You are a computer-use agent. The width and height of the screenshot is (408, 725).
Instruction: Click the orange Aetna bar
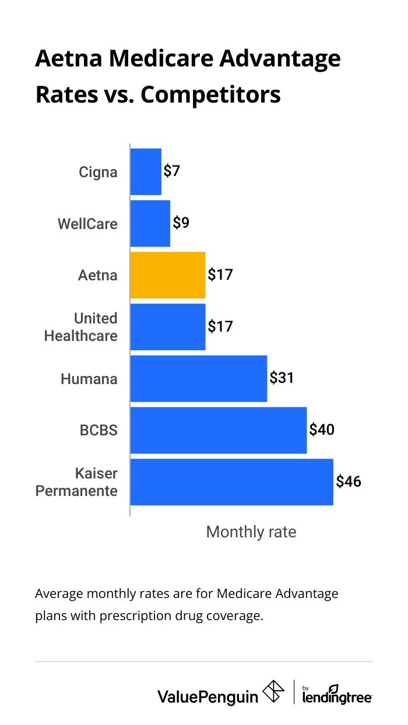(x=168, y=275)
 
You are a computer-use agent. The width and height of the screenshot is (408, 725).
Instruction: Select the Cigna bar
(x=146, y=172)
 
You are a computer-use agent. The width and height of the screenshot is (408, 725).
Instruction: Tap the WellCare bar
(x=150, y=223)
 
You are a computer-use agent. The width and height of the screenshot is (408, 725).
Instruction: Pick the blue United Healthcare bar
(x=168, y=326)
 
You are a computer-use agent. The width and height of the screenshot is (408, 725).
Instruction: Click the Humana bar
(x=199, y=378)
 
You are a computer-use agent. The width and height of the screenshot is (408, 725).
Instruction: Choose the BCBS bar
(x=219, y=430)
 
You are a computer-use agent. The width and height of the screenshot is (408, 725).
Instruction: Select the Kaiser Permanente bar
(x=231, y=482)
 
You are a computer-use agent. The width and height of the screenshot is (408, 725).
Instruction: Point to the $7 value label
(x=172, y=171)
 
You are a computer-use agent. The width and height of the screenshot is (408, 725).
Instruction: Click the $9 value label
(x=181, y=223)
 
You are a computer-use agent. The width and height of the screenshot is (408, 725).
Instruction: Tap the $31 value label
(x=282, y=378)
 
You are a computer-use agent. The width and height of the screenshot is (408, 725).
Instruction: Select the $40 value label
(x=322, y=430)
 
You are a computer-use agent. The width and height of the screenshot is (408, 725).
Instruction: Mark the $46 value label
(x=348, y=481)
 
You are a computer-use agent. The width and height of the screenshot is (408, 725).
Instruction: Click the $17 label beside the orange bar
(x=220, y=274)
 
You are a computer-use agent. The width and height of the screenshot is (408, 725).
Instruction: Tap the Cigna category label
(x=98, y=173)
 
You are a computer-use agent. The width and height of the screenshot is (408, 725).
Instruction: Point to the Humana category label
(x=89, y=379)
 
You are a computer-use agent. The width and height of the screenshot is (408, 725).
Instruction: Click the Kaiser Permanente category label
(x=76, y=482)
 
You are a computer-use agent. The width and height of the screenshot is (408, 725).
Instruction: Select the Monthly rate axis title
(x=251, y=532)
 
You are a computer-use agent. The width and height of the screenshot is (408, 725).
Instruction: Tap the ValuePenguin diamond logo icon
(x=274, y=692)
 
